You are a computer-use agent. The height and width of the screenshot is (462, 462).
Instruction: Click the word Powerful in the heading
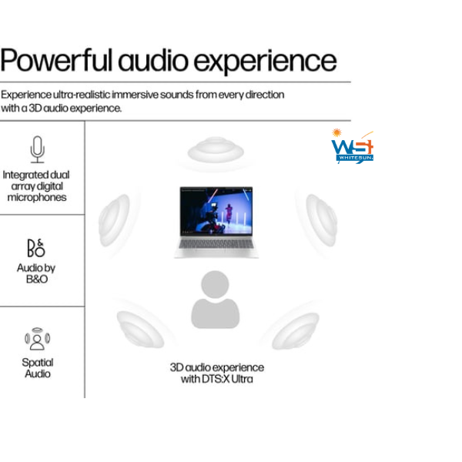pos(56,60)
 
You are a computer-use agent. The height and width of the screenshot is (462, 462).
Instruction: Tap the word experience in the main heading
pos(265,62)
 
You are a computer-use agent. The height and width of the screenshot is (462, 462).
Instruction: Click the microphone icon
pos(38,149)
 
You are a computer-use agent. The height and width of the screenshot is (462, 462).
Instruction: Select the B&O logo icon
pos(36,248)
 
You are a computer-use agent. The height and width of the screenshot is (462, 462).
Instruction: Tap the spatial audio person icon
pos(38,339)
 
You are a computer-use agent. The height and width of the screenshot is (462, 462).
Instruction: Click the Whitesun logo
pos(353,146)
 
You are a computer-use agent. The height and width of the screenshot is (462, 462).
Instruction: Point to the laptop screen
pos(216,211)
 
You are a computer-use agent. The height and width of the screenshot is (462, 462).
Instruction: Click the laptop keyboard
pos(216,243)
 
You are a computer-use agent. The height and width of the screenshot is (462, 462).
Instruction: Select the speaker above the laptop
pos(216,150)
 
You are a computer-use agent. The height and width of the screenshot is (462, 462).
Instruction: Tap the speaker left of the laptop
pos(114,220)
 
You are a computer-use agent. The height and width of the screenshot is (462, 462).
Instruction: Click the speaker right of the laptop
pos(321,220)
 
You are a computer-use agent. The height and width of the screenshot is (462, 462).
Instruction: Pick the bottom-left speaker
pos(140,330)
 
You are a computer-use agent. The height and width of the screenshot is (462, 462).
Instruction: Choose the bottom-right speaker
pos(295,330)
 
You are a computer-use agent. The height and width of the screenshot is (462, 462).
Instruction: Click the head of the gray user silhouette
pos(215,284)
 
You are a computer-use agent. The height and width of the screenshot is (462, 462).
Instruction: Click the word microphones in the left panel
pos(37,197)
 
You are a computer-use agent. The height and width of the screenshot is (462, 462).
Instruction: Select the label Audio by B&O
pos(36,273)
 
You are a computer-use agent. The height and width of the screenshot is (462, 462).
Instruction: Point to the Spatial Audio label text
pos(38,368)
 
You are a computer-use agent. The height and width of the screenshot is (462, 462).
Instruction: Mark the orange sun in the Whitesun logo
pos(336,132)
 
